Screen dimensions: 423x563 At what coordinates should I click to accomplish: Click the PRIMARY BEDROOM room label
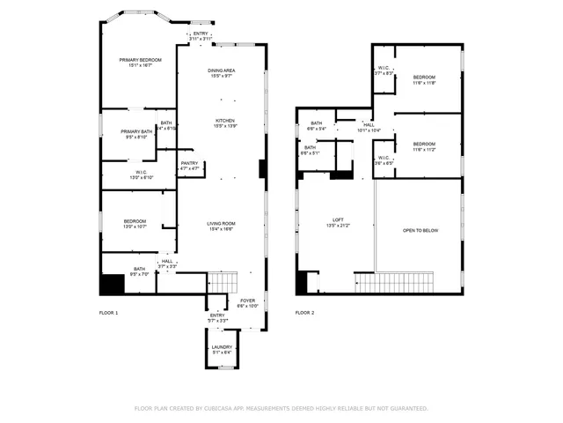pos(142,60)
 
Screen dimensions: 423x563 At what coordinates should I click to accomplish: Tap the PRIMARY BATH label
pos(136,131)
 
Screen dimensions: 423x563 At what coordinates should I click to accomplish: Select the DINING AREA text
pos(221,70)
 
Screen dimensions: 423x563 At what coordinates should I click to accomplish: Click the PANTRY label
pos(189,162)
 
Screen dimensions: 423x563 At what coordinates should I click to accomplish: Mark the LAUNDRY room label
pos(221,347)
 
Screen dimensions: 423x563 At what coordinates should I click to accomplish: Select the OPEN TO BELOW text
pos(420,230)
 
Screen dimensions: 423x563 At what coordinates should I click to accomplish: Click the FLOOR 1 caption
pos(108,313)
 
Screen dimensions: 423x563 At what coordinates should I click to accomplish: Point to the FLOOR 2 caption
pos(304,313)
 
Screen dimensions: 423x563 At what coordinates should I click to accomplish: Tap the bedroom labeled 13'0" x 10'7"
pos(135,221)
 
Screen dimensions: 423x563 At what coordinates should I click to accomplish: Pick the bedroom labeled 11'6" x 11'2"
pos(424,144)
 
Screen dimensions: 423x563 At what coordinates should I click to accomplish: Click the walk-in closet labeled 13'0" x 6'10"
pos(142,173)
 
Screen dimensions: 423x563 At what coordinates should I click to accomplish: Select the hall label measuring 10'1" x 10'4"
pos(369,125)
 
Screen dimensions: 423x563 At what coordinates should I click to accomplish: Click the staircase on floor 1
pos(223,283)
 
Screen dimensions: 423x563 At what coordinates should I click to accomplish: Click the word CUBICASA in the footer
pos(223,409)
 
